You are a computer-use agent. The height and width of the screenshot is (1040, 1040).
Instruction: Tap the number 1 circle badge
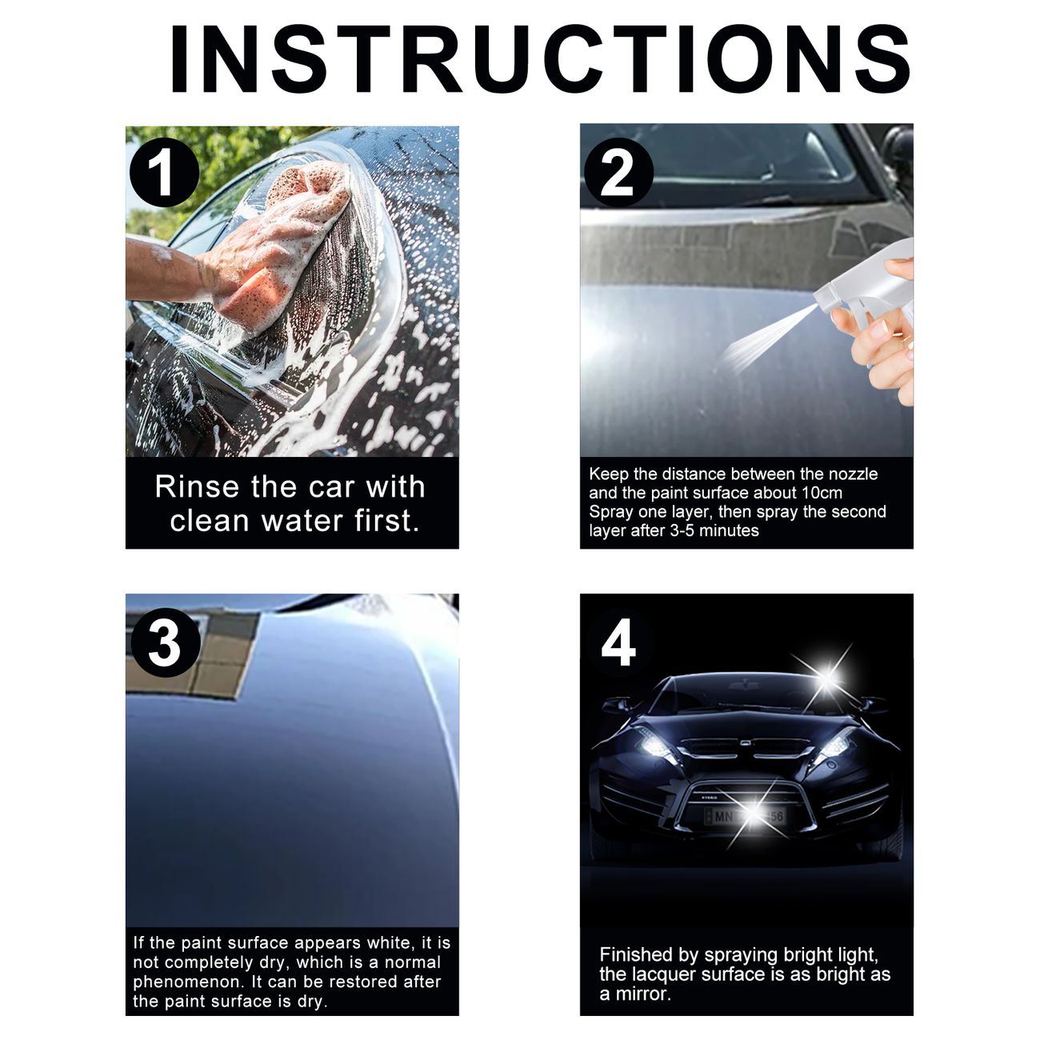coord(165,173)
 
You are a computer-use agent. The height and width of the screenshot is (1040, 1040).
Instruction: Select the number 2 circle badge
coord(618,173)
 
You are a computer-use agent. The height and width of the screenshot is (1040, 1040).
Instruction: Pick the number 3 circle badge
coord(165,642)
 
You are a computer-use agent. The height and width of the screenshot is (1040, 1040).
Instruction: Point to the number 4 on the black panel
coord(618,642)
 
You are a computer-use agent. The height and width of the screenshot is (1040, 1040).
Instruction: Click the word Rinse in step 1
coord(197,487)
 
